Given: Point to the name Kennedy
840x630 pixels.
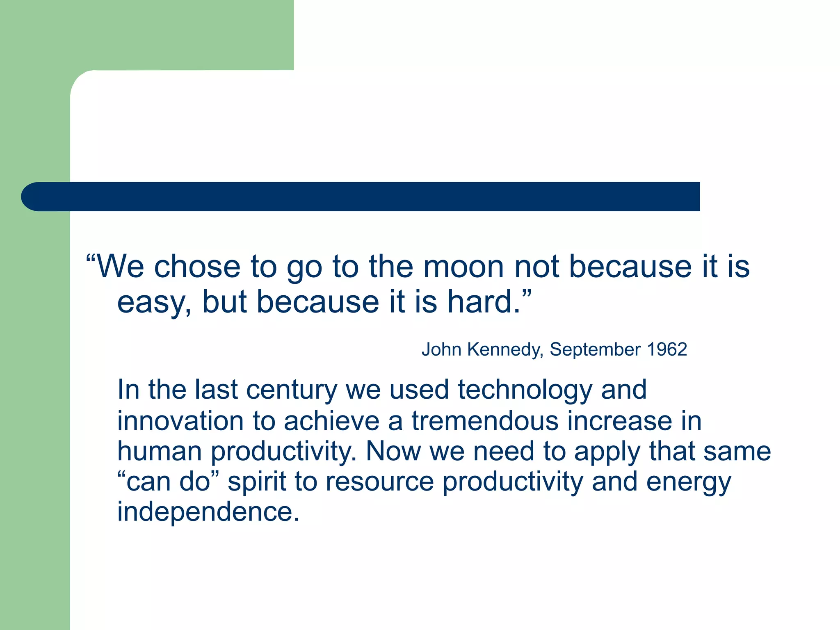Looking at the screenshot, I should pos(505,350).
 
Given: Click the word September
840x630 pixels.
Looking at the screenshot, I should pos(595,350).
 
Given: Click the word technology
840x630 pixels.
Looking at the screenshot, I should pos(525,390).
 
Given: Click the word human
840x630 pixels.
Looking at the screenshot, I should pos(160,451).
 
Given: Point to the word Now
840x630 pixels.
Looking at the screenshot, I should pos(393,451).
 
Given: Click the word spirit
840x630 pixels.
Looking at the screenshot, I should pos(256,482).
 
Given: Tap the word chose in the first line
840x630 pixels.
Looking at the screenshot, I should pos(197,267).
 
